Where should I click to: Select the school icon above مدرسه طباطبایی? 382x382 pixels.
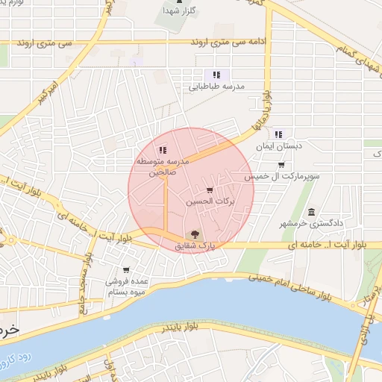coord(216,75)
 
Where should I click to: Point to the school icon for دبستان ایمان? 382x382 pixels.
coord(278,135)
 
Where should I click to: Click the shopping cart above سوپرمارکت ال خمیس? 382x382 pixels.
coord(281,165)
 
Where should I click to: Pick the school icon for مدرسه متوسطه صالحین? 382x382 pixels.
coord(163,150)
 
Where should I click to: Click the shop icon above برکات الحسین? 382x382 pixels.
coord(210,190)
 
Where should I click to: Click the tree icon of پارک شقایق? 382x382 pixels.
coord(195,234)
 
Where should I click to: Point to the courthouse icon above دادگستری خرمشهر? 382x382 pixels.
coord(311,211)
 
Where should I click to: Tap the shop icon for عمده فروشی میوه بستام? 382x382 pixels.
coord(126,270)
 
